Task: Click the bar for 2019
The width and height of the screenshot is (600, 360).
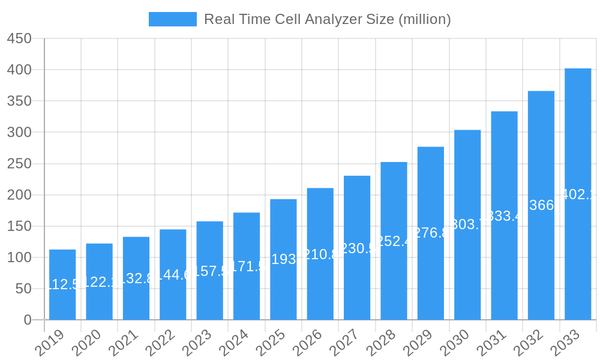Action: pos(62,285)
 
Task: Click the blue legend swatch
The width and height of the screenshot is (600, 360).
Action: pos(173,19)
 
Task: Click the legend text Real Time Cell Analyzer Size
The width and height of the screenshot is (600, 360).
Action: pos(328,19)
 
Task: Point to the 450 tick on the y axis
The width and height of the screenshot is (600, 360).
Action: pos(19,38)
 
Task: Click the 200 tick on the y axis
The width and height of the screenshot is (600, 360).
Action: pos(19,195)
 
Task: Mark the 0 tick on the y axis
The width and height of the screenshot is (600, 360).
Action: pos(28,320)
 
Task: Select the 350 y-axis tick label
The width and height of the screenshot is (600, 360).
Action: pos(19,101)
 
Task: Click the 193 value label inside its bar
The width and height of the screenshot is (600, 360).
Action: pos(283,259)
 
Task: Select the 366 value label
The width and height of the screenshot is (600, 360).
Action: pos(541,205)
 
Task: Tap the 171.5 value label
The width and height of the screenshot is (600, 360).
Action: pos(247,266)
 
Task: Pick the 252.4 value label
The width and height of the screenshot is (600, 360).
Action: pos(394,241)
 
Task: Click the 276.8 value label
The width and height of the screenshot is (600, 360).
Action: pos(431,233)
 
